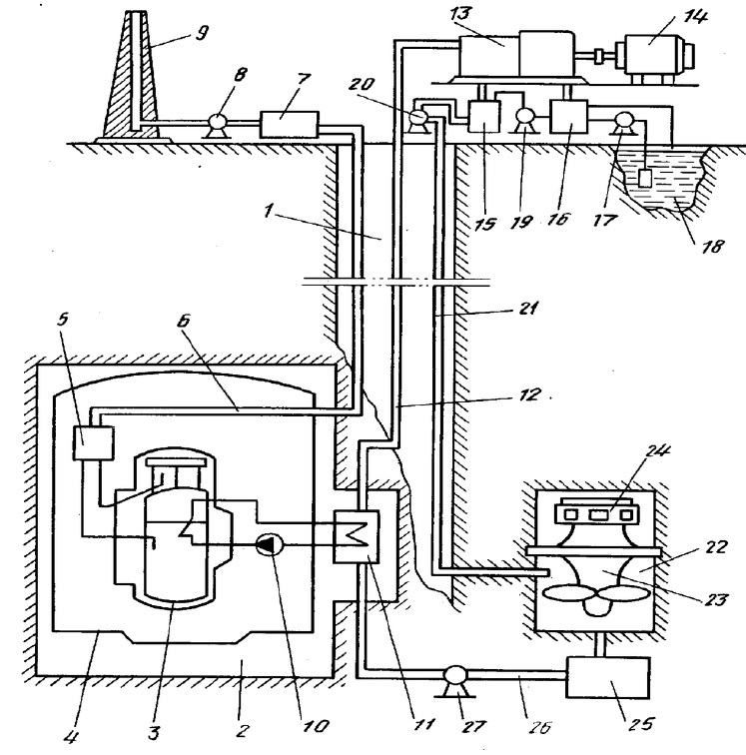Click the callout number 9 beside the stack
coord(203,33)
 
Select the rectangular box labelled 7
coord(289,125)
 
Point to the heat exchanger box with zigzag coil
coord(357,537)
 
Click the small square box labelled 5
coord(94,443)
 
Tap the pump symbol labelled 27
coord(455,680)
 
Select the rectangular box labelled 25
coord(608,677)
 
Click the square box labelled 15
coord(484,116)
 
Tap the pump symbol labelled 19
coord(524,119)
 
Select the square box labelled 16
coord(569,116)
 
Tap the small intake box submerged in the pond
coord(645,179)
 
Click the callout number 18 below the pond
coord(712,246)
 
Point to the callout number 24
coord(658,452)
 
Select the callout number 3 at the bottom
coord(153,732)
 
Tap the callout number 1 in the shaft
coord(269,211)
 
